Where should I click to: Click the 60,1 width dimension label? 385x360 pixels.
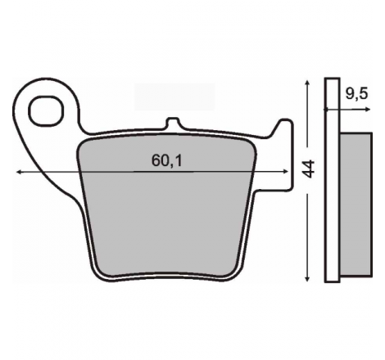166,160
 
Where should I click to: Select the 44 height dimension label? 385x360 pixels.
309,169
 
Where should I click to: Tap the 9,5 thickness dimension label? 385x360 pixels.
357,94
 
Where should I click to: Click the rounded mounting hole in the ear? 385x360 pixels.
46,111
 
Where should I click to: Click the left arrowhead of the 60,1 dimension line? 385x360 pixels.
19,172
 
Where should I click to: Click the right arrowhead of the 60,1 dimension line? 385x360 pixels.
286,172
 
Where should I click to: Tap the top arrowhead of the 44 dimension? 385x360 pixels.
308,83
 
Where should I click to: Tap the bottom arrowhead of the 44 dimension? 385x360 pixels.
308,278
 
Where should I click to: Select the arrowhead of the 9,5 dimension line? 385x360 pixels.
368,110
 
